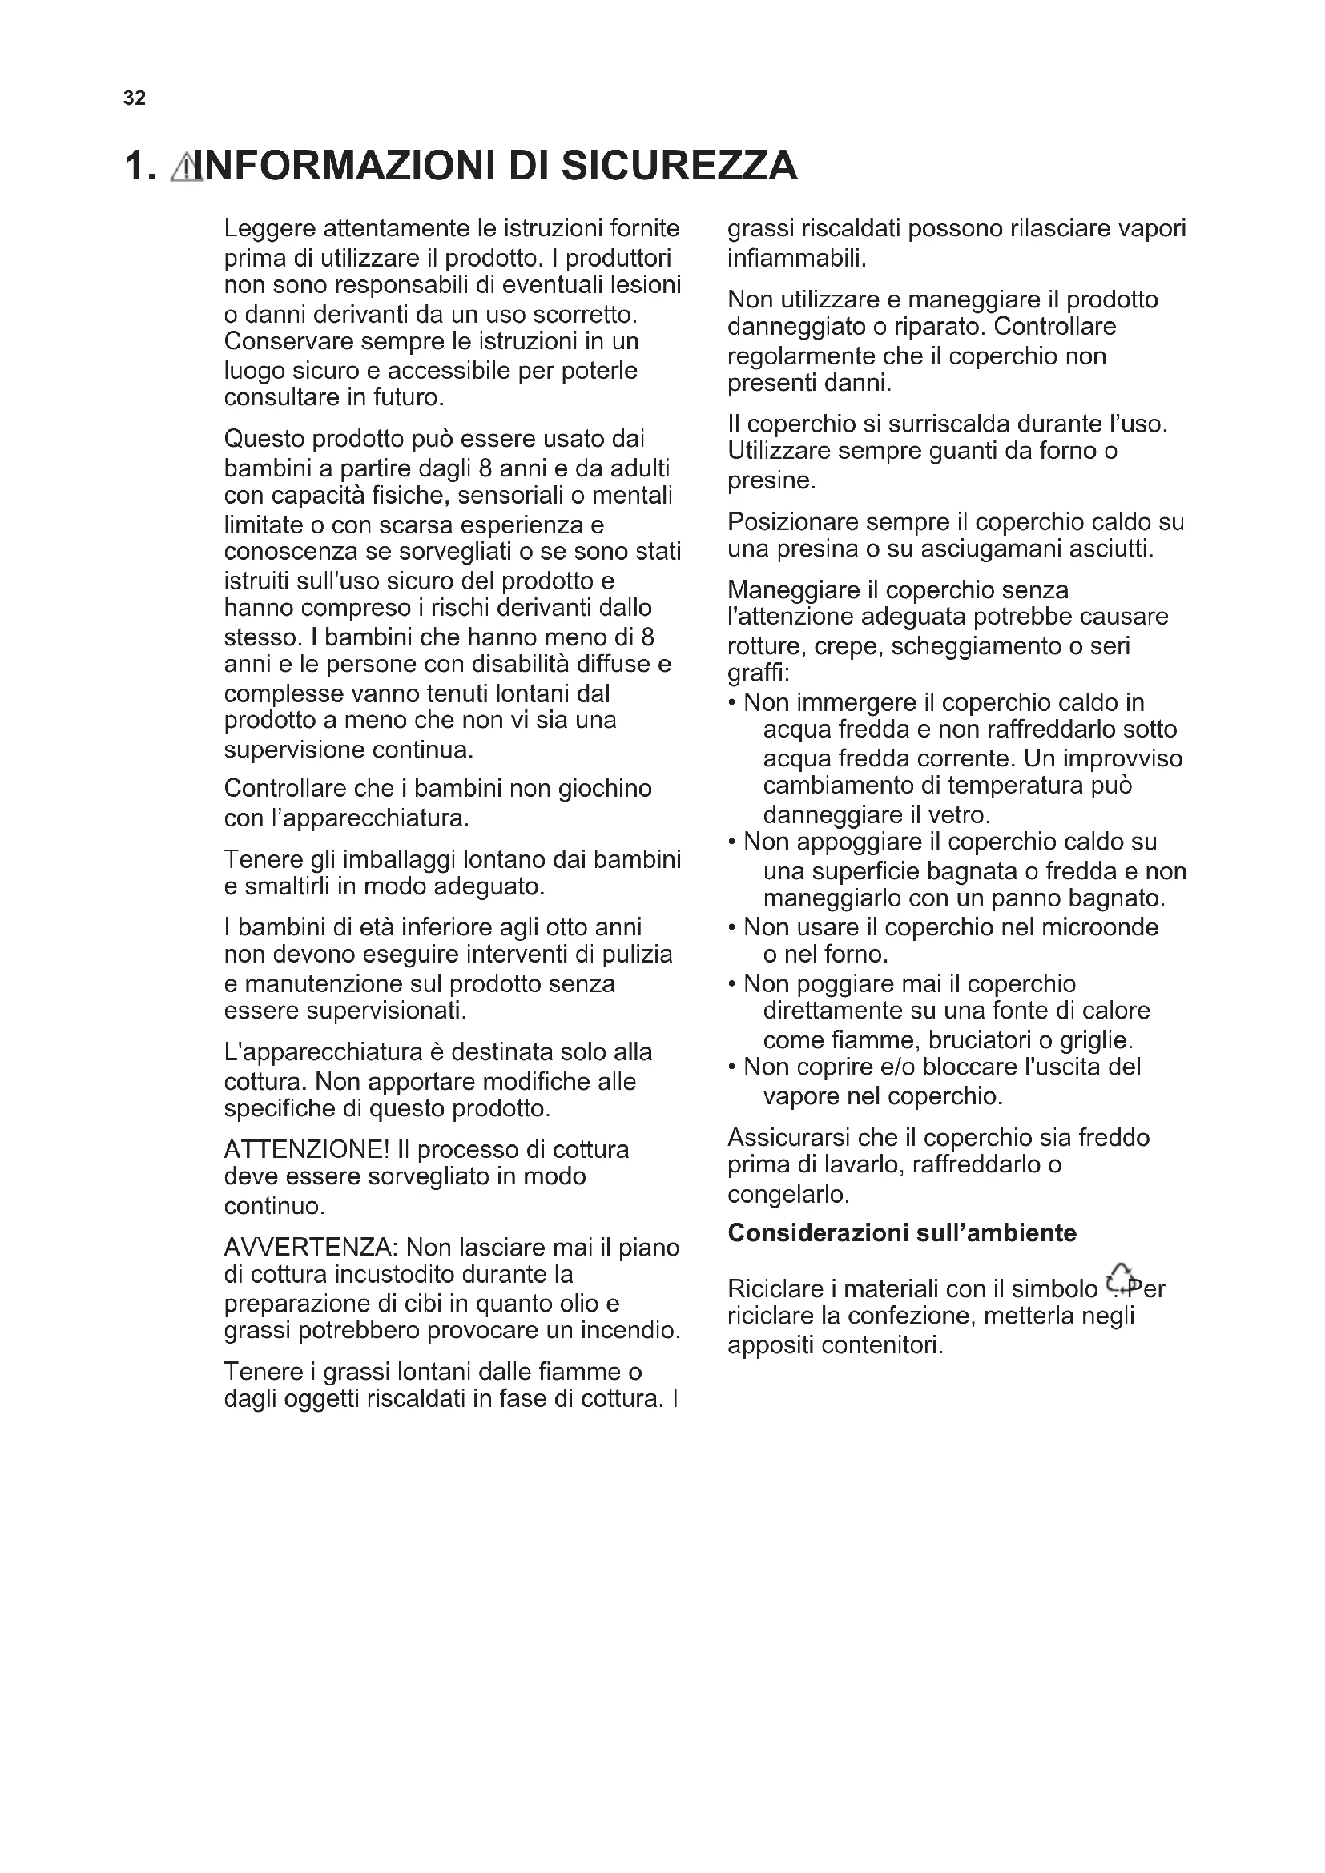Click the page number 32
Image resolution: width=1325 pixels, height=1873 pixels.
(x=135, y=98)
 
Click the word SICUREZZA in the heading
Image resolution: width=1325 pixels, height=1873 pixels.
(x=679, y=166)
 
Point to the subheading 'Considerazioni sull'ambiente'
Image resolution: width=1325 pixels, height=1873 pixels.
(x=901, y=1232)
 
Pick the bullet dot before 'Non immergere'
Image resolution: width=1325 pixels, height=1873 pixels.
(x=733, y=703)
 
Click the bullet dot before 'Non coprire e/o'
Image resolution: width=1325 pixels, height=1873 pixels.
(x=733, y=1067)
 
